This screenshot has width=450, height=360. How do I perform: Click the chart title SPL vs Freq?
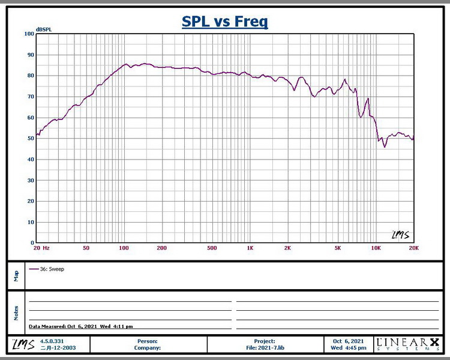225,22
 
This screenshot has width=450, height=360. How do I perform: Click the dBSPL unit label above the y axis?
44,29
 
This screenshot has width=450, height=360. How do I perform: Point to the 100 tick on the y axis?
29,34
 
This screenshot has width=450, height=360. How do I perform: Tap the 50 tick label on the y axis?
30,139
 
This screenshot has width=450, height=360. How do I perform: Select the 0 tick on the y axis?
32,243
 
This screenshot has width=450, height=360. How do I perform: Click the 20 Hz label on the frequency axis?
41,248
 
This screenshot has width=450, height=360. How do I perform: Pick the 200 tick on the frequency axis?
161,248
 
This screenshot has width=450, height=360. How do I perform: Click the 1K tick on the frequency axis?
250,248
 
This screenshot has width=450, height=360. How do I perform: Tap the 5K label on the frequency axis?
338,248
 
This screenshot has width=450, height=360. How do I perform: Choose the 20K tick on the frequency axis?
413,248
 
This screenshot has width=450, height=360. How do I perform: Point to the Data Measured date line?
80,326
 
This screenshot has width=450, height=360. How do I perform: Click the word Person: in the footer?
148,341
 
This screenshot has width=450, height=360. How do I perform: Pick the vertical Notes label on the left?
16,312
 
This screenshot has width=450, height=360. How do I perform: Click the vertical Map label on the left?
16,276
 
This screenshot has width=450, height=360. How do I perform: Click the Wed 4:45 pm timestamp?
349,347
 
